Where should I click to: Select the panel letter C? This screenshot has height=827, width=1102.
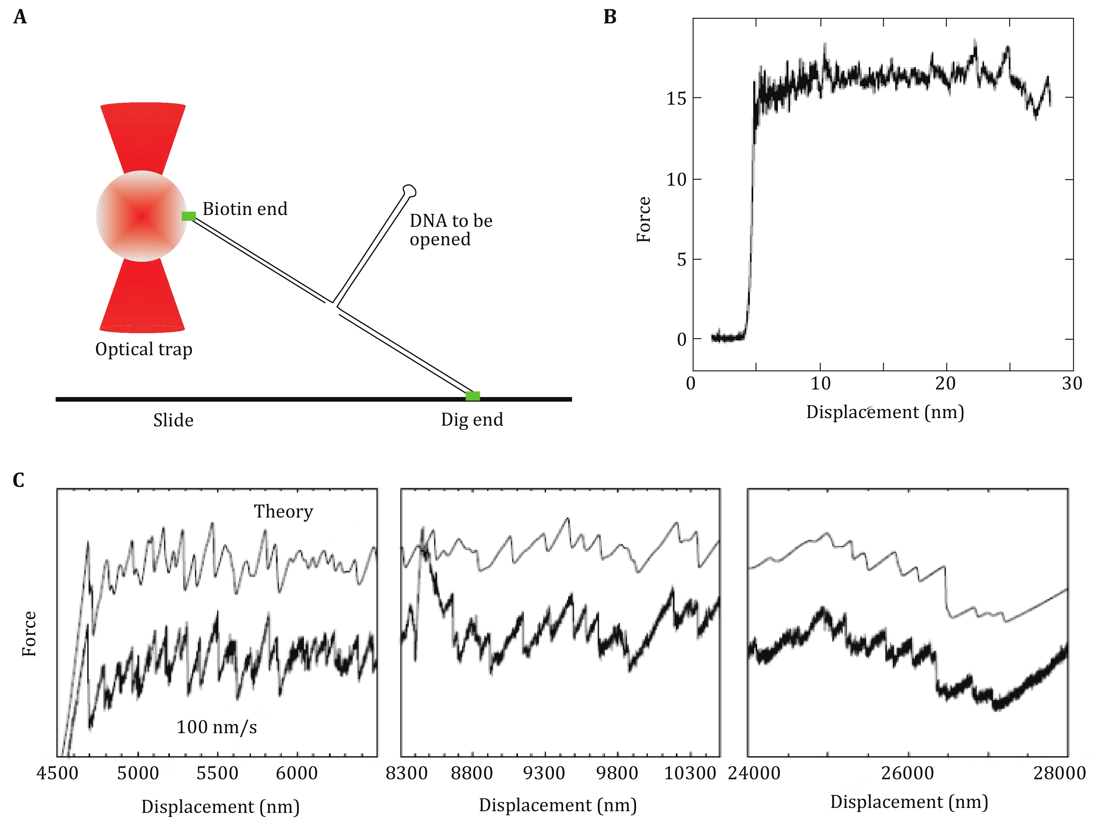click(x=18, y=480)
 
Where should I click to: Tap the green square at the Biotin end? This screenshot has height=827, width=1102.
click(x=188, y=216)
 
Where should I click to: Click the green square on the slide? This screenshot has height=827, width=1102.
click(x=472, y=396)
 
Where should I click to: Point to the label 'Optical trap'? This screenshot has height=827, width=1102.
click(x=144, y=350)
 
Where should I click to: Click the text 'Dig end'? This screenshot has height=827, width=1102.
click(x=472, y=420)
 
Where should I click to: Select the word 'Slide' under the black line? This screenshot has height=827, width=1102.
click(x=173, y=421)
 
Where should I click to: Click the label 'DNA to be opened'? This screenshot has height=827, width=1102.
click(x=450, y=230)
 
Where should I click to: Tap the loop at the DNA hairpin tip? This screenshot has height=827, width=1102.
click(x=409, y=190)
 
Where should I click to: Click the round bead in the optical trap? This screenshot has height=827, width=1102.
click(x=142, y=216)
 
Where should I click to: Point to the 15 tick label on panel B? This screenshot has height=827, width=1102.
click(x=676, y=98)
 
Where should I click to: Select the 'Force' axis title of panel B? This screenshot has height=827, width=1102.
click(x=644, y=220)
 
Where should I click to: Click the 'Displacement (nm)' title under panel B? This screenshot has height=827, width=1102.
click(x=885, y=412)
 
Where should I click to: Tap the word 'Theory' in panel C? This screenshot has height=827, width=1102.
click(x=284, y=511)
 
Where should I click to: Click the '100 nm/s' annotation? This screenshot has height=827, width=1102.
click(x=217, y=727)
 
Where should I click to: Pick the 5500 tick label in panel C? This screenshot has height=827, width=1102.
click(x=217, y=773)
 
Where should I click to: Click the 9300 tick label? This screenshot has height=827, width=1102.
click(x=544, y=773)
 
